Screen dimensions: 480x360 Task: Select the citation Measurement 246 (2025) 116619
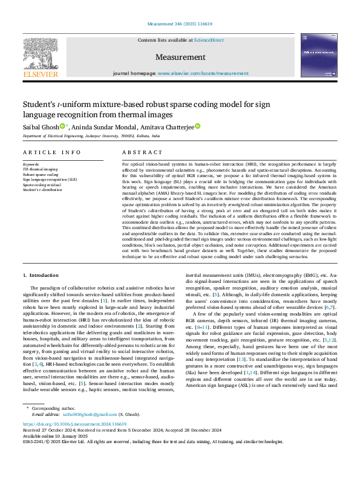tap(180, 24)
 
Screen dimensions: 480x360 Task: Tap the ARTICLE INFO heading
tap(51, 152)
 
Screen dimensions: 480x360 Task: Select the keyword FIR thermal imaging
tap(41, 169)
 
